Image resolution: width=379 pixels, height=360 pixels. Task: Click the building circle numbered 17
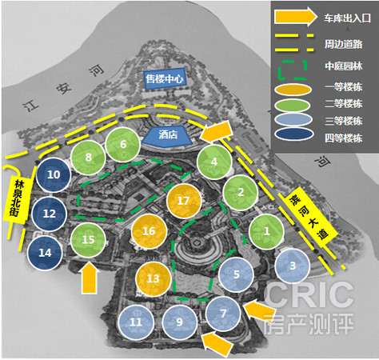pyautogui.click(x=184, y=201)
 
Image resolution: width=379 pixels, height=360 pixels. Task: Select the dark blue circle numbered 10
pyautogui.click(x=54, y=175)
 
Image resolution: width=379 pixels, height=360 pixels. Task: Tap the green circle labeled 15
pyautogui.click(x=88, y=240)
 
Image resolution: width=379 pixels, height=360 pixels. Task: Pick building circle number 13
pyautogui.click(x=153, y=278)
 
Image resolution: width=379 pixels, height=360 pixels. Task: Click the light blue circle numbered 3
pyautogui.click(x=293, y=266)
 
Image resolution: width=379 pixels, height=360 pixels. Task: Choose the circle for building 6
pyautogui.click(x=123, y=144)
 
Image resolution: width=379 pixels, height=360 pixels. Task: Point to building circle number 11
pyautogui.click(x=136, y=322)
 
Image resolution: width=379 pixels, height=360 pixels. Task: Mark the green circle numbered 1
pyautogui.click(x=266, y=231)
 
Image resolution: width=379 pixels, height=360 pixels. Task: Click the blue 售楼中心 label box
pyautogui.click(x=165, y=78)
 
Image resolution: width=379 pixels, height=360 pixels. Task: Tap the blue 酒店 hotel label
pyautogui.click(x=167, y=136)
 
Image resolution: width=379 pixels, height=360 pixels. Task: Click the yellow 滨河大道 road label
pyautogui.click(x=309, y=217)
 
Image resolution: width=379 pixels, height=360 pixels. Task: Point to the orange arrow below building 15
pyautogui.click(x=89, y=278)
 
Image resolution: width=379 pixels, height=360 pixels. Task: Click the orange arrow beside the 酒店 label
pyautogui.click(x=216, y=131)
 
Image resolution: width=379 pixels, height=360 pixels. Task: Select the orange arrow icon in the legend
pyautogui.click(x=295, y=17)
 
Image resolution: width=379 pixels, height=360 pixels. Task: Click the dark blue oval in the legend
pyautogui.click(x=294, y=134)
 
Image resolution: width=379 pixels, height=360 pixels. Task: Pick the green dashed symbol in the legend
pyautogui.click(x=292, y=70)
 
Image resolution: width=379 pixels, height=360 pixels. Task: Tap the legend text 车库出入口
pyautogui.click(x=348, y=18)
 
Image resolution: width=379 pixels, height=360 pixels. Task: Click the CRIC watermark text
pyautogui.click(x=309, y=295)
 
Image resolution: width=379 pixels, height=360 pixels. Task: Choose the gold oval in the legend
pyautogui.click(x=293, y=89)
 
